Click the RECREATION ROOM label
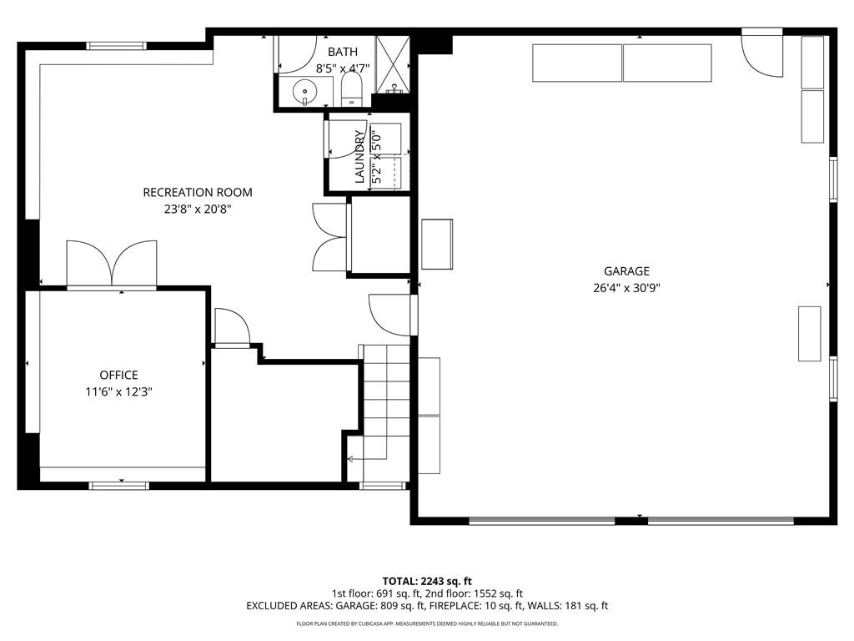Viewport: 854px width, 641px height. tap(198, 193)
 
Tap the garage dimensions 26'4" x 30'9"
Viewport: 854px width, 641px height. tap(626, 288)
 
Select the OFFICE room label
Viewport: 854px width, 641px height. tap(118, 375)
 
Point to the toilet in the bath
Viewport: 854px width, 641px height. tap(352, 88)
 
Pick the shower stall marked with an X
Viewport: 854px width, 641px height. tap(392, 63)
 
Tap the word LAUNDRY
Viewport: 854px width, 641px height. tap(359, 156)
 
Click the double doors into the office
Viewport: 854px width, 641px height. tap(112, 263)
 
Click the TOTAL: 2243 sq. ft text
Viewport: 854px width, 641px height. tap(427, 581)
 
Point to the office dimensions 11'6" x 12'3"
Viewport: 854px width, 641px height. tap(118, 391)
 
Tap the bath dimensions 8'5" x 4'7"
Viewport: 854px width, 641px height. tap(343, 68)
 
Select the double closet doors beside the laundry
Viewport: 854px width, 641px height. tap(330, 237)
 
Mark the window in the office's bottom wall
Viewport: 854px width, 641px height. tap(119, 486)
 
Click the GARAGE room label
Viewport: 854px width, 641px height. tap(626, 271)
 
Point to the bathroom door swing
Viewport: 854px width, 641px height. tap(298, 54)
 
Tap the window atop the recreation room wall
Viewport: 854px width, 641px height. tap(117, 46)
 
